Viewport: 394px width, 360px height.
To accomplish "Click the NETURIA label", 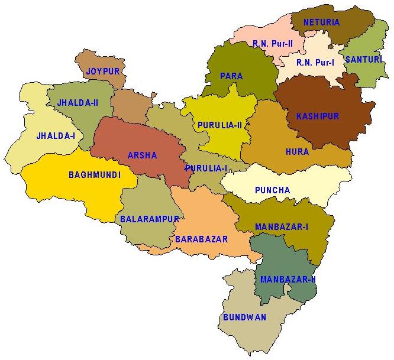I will (321, 22).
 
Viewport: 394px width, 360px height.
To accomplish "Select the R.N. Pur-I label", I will (315, 63).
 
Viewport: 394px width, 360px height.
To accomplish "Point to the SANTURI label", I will (361, 60).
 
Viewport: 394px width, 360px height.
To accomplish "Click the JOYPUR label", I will (103, 72).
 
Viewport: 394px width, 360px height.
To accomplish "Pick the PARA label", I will (231, 76).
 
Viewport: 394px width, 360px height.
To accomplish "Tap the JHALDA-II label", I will (77, 103).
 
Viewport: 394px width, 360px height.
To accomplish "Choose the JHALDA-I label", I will (56, 136).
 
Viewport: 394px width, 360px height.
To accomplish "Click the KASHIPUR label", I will (318, 116).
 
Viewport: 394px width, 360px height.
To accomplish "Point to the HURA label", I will (297, 152).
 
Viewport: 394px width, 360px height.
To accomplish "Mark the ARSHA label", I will (143, 156).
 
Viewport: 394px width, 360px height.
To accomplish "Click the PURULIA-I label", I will (206, 168).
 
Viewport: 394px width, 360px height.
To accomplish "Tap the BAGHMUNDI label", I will (95, 175).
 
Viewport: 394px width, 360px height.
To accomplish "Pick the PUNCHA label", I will (272, 190).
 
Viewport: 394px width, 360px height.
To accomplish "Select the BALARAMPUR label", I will (149, 219).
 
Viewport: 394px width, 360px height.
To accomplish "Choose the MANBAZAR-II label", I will (288, 280).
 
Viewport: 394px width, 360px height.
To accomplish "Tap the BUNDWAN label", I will (244, 317).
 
